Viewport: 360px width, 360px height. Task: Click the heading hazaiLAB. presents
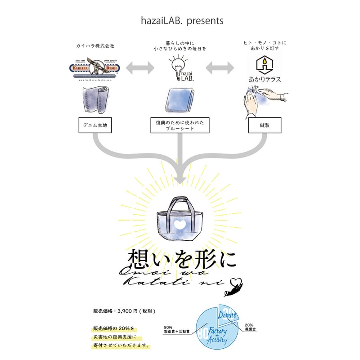click(180, 21)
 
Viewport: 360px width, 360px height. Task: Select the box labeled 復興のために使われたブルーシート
click(180, 125)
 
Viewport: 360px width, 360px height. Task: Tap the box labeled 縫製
click(265, 125)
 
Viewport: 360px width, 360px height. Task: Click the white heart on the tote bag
click(180, 224)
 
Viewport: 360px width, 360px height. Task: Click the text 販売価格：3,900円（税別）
click(125, 311)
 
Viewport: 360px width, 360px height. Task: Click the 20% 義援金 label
click(251, 327)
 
